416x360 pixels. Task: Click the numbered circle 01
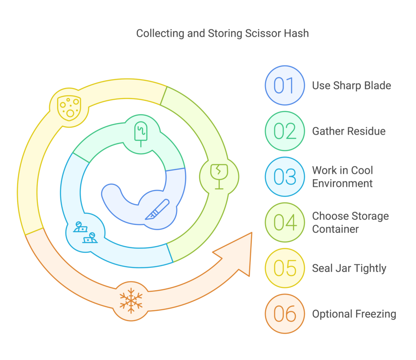pyautogui.click(x=284, y=85)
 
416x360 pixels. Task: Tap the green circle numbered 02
pyautogui.click(x=284, y=131)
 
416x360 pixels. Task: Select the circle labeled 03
pyautogui.click(x=284, y=177)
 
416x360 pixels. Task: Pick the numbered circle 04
pyautogui.click(x=284, y=222)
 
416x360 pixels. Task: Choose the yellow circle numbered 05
pyautogui.click(x=284, y=268)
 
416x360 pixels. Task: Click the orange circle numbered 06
pyautogui.click(x=284, y=314)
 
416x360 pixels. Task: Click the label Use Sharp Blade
pyautogui.click(x=351, y=85)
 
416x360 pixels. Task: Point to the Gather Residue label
pyautogui.click(x=349, y=131)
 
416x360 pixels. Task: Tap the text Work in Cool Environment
pyautogui.click(x=342, y=177)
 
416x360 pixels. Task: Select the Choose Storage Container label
pyautogui.click(x=350, y=222)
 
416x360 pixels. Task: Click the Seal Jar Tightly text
pyautogui.click(x=349, y=268)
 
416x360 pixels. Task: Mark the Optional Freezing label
pyautogui.click(x=354, y=314)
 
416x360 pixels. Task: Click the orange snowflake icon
pyautogui.click(x=131, y=301)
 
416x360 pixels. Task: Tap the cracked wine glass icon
pyautogui.click(x=219, y=176)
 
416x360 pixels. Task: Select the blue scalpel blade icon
pyautogui.click(x=157, y=210)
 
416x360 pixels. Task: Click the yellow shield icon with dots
pyautogui.click(x=69, y=108)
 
